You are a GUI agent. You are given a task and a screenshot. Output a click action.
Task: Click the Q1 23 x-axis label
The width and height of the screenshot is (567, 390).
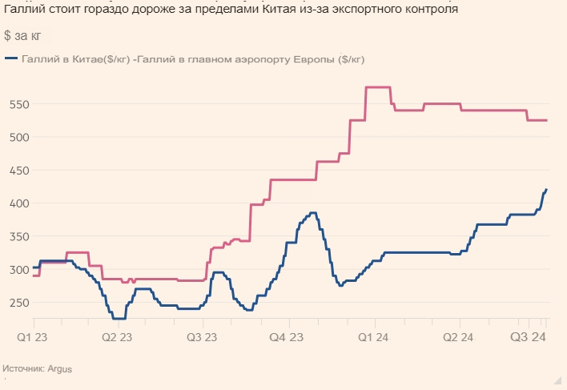33,338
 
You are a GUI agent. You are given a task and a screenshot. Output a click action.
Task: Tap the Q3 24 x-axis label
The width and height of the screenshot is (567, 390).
530,338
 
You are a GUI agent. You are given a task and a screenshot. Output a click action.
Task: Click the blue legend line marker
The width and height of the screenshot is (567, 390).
12,58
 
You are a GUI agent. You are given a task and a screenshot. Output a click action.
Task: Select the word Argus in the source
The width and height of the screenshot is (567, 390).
60,369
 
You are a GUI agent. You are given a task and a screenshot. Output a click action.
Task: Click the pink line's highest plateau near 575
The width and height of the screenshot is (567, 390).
377,86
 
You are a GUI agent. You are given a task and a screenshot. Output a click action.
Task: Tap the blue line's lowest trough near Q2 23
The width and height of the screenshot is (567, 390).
119,318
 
